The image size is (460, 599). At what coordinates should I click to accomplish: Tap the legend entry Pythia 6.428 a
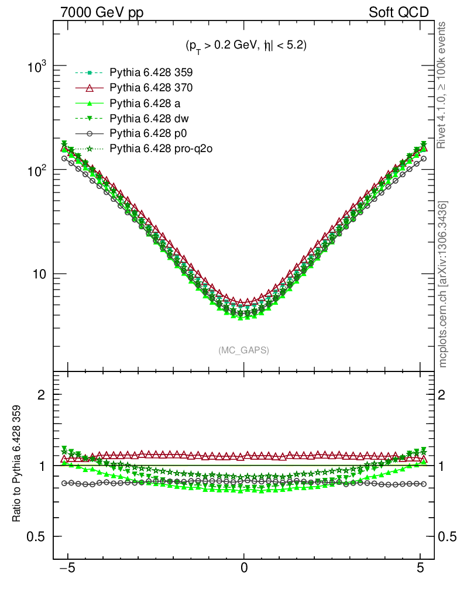pos(147,104)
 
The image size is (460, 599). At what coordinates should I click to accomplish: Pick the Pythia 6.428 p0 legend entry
pos(149,134)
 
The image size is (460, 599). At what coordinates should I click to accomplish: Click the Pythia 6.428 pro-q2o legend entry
pos(161,149)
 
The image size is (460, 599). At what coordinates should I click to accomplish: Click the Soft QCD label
pos(399,12)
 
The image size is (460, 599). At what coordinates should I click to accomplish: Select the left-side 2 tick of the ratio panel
pos(42,395)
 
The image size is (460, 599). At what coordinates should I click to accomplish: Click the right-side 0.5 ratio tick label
pos(447,536)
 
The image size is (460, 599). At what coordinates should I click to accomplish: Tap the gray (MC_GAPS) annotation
pos(243,350)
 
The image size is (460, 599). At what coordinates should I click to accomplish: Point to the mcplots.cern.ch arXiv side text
pos(444,284)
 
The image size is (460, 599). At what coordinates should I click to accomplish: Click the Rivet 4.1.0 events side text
pos(444,85)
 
